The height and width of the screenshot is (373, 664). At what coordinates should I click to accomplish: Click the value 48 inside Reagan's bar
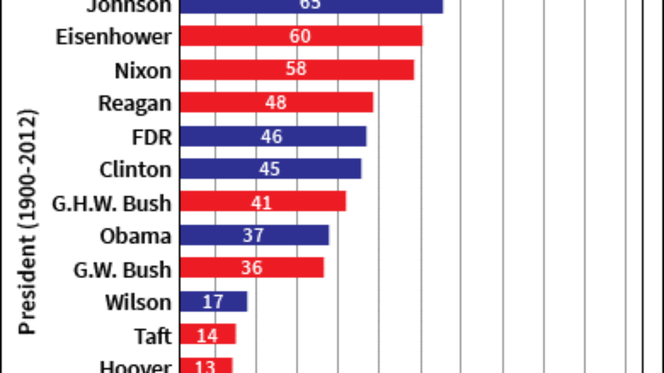tap(275, 103)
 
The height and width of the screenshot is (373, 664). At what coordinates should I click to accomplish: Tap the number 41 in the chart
tap(261, 202)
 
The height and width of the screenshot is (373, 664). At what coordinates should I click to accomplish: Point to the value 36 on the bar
tap(252, 268)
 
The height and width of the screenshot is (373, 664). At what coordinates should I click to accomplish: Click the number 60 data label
tap(300, 36)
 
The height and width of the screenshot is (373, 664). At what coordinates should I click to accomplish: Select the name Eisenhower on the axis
tap(113, 37)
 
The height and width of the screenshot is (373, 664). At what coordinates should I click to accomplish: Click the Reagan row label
tap(134, 104)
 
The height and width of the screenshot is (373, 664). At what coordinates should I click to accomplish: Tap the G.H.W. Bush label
tap(111, 203)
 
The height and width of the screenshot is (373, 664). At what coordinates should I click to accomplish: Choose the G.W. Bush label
tap(122, 269)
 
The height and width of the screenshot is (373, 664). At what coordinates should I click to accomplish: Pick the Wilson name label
tap(138, 302)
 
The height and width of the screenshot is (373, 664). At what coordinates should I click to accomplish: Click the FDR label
tap(151, 137)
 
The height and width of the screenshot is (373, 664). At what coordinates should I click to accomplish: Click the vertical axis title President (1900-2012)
tap(29, 222)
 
